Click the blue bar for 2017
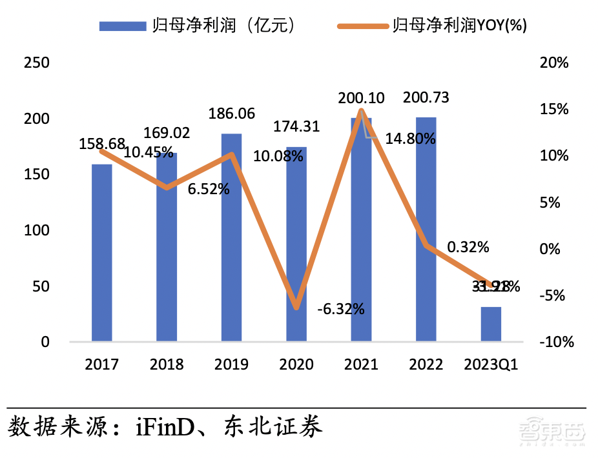(x=102, y=253)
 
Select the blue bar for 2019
(x=232, y=237)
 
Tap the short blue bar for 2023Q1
(x=491, y=324)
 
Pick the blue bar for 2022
(x=426, y=229)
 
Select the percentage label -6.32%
(x=341, y=309)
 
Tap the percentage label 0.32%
(x=468, y=247)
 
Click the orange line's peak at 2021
(x=361, y=112)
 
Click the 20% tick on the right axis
(x=555, y=63)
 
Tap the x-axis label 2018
(x=167, y=365)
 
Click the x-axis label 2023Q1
(x=491, y=365)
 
